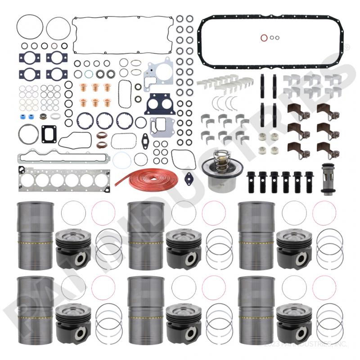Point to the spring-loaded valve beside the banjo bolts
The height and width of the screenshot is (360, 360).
(327, 178)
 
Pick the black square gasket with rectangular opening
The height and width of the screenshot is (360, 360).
(48, 133)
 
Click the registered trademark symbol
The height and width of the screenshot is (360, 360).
(346, 47)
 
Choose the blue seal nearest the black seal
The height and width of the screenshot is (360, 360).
(32, 117)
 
